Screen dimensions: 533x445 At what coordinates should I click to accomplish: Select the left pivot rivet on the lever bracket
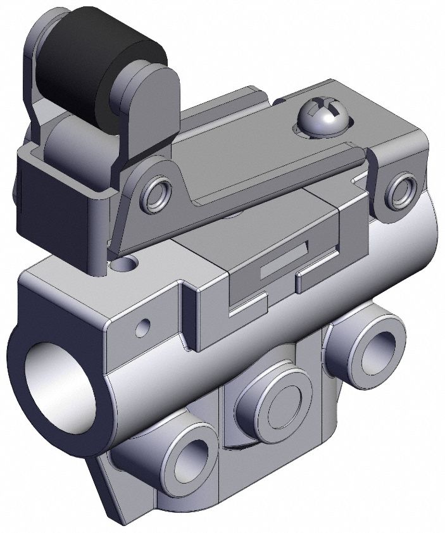156,194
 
